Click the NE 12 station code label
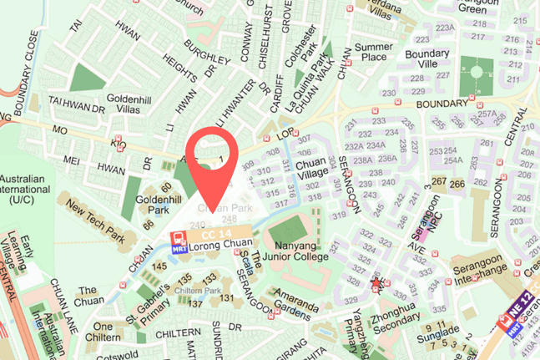click(521, 322)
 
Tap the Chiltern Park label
click(198, 290)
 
